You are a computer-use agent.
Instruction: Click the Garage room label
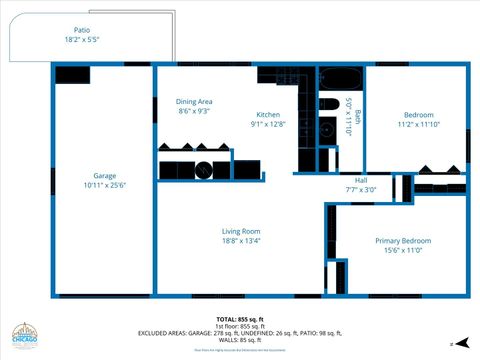coord(104,175)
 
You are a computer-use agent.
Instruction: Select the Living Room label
coord(241,231)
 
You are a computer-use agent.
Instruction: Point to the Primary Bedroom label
coord(403,241)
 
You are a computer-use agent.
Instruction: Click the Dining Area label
coord(194,101)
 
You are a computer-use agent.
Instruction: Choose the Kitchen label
coord(268,114)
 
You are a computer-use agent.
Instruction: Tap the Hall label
coord(361,180)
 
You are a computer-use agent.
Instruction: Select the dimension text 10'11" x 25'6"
coord(104,185)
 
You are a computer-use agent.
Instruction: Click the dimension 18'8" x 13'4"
coord(241,241)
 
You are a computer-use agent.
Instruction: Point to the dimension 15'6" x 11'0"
coord(403,251)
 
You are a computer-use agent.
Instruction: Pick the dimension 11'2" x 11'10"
coord(418,124)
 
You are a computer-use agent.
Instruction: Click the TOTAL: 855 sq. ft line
coord(240,320)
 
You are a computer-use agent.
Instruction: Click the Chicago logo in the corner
coord(25,338)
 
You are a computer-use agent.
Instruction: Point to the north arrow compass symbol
coord(452,342)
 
